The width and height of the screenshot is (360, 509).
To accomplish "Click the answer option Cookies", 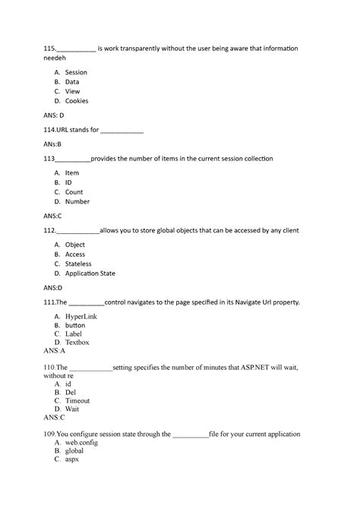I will (76, 100).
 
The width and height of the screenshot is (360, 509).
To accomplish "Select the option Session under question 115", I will (76, 72).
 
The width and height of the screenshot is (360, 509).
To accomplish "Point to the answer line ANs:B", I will (52, 144).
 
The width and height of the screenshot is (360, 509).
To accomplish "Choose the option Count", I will (74, 192).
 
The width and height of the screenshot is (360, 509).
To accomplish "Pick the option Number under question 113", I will (77, 201).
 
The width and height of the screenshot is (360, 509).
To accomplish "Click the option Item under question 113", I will (71, 173).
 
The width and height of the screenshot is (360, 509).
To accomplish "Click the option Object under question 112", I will (74, 245).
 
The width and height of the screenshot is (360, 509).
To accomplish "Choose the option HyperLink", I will (81, 315).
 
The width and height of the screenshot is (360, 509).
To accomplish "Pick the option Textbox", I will (77, 343).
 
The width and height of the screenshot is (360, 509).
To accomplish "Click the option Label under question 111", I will (74, 334).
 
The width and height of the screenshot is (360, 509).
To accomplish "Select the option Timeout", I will (77, 400).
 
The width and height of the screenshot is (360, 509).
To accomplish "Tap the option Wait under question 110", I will (71, 409).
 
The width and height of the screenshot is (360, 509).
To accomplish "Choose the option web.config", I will (82, 441).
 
